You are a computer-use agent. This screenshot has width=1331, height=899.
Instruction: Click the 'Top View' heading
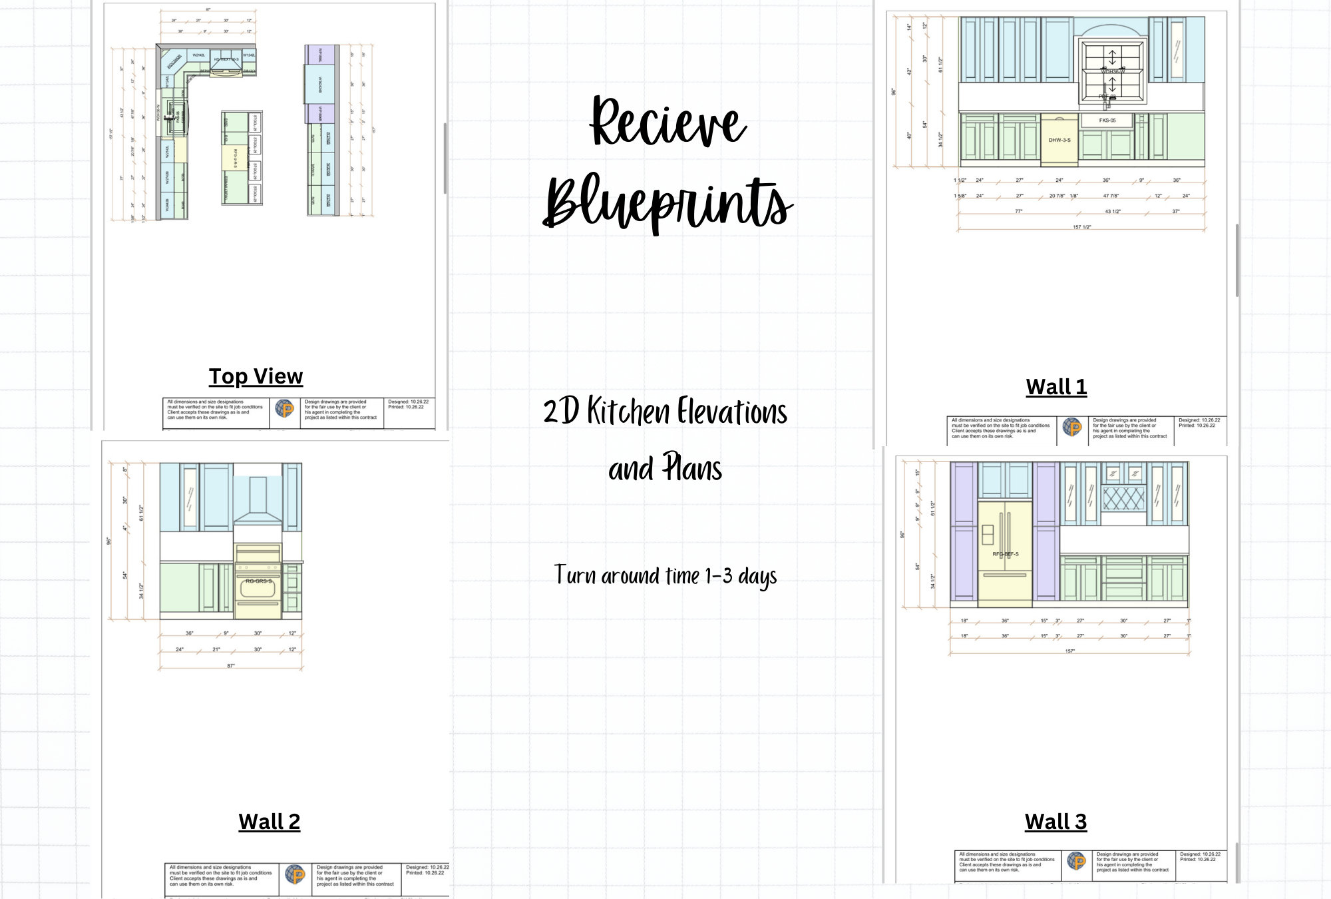[x=256, y=376]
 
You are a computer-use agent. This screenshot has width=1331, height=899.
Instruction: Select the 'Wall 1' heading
[x=1056, y=387]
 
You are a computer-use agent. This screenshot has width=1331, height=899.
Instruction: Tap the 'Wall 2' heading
[x=269, y=822]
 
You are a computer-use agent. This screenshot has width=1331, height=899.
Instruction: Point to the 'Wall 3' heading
[x=1055, y=822]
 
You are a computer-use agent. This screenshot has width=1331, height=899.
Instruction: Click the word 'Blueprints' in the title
[x=667, y=201]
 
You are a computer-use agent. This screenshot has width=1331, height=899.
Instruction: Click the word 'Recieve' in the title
[x=667, y=121]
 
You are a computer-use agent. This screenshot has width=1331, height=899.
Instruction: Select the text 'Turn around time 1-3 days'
[x=665, y=576]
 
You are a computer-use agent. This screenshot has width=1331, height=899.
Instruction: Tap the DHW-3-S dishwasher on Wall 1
[x=1059, y=140]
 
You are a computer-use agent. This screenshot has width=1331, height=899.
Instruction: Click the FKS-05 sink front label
[x=1107, y=121]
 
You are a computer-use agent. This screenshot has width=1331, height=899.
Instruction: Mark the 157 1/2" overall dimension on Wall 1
[x=1081, y=227]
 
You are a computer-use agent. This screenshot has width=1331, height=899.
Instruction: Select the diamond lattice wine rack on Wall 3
[x=1123, y=498]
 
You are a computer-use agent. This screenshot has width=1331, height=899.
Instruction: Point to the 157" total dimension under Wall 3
[x=1069, y=651]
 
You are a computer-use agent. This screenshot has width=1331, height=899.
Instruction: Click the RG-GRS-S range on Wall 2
[x=258, y=581]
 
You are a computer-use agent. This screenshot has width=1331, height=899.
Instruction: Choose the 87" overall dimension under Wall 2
[x=231, y=666]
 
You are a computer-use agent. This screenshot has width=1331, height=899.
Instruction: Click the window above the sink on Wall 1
[x=1112, y=72]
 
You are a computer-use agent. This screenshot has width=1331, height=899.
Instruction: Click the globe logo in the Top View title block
[x=285, y=409]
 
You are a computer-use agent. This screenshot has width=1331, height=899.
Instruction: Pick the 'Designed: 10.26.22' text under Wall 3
[x=1200, y=854]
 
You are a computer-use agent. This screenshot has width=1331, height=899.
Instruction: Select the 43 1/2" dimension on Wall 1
[x=1112, y=212]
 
